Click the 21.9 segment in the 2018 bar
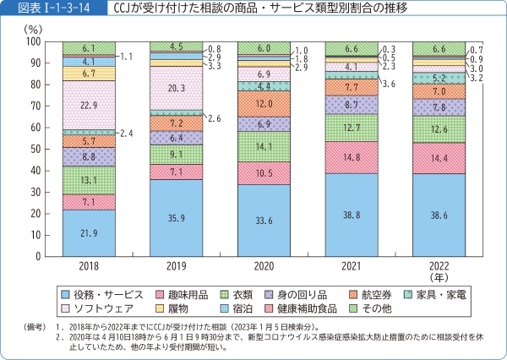pos(89,233)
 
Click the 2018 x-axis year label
pos(89,266)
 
